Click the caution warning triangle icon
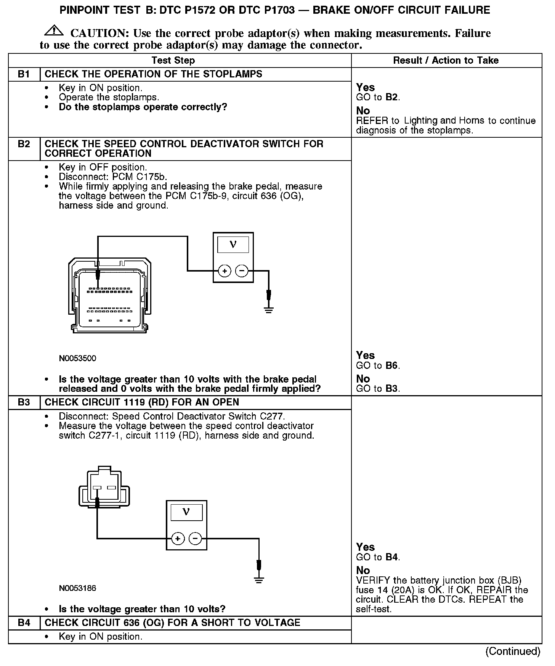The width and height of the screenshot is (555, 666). coord(54,30)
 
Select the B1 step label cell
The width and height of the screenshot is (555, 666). coord(24,74)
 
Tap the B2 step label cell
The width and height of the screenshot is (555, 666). coord(24,144)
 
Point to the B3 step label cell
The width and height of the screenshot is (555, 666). coord(24,402)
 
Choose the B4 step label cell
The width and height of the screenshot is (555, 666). coord(24,623)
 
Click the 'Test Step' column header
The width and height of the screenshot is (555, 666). coord(173,60)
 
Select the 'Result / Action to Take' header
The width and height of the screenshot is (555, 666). coord(446,60)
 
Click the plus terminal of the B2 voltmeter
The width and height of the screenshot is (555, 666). coord(225,271)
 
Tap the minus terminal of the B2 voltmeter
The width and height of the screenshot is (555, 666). coord(242,271)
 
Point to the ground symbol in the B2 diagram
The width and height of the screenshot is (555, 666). coord(269,309)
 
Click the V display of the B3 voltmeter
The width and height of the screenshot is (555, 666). coord(186,512)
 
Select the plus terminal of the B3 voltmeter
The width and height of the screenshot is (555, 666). coord(177,539)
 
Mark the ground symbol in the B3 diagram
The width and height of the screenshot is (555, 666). coord(259,580)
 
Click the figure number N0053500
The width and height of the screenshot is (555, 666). coord(77,358)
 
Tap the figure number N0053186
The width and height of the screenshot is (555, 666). coord(77,588)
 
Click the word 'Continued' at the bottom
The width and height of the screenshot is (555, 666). coord(513,652)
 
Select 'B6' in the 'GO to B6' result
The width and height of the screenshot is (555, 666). coord(391,365)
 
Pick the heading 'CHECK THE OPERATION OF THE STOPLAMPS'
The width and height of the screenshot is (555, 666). coord(153,74)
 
